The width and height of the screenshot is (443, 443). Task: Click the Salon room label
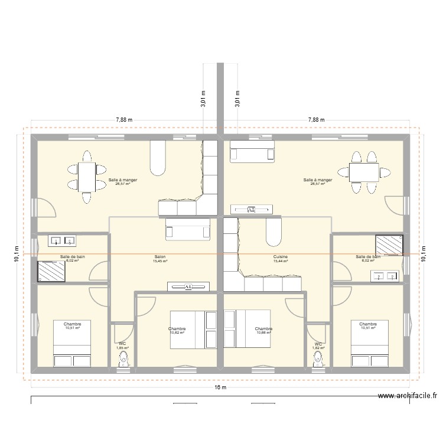159,257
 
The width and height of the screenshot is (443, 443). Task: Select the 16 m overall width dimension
220,387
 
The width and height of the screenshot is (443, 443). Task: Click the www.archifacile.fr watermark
409,397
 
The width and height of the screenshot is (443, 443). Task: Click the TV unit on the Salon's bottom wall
188,286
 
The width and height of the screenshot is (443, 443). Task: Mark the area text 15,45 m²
159,261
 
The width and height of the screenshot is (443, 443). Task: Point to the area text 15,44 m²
281,261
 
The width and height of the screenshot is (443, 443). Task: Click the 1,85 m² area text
122,348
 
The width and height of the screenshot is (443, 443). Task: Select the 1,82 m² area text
318,348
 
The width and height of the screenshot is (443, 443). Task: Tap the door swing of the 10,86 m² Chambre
294,307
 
